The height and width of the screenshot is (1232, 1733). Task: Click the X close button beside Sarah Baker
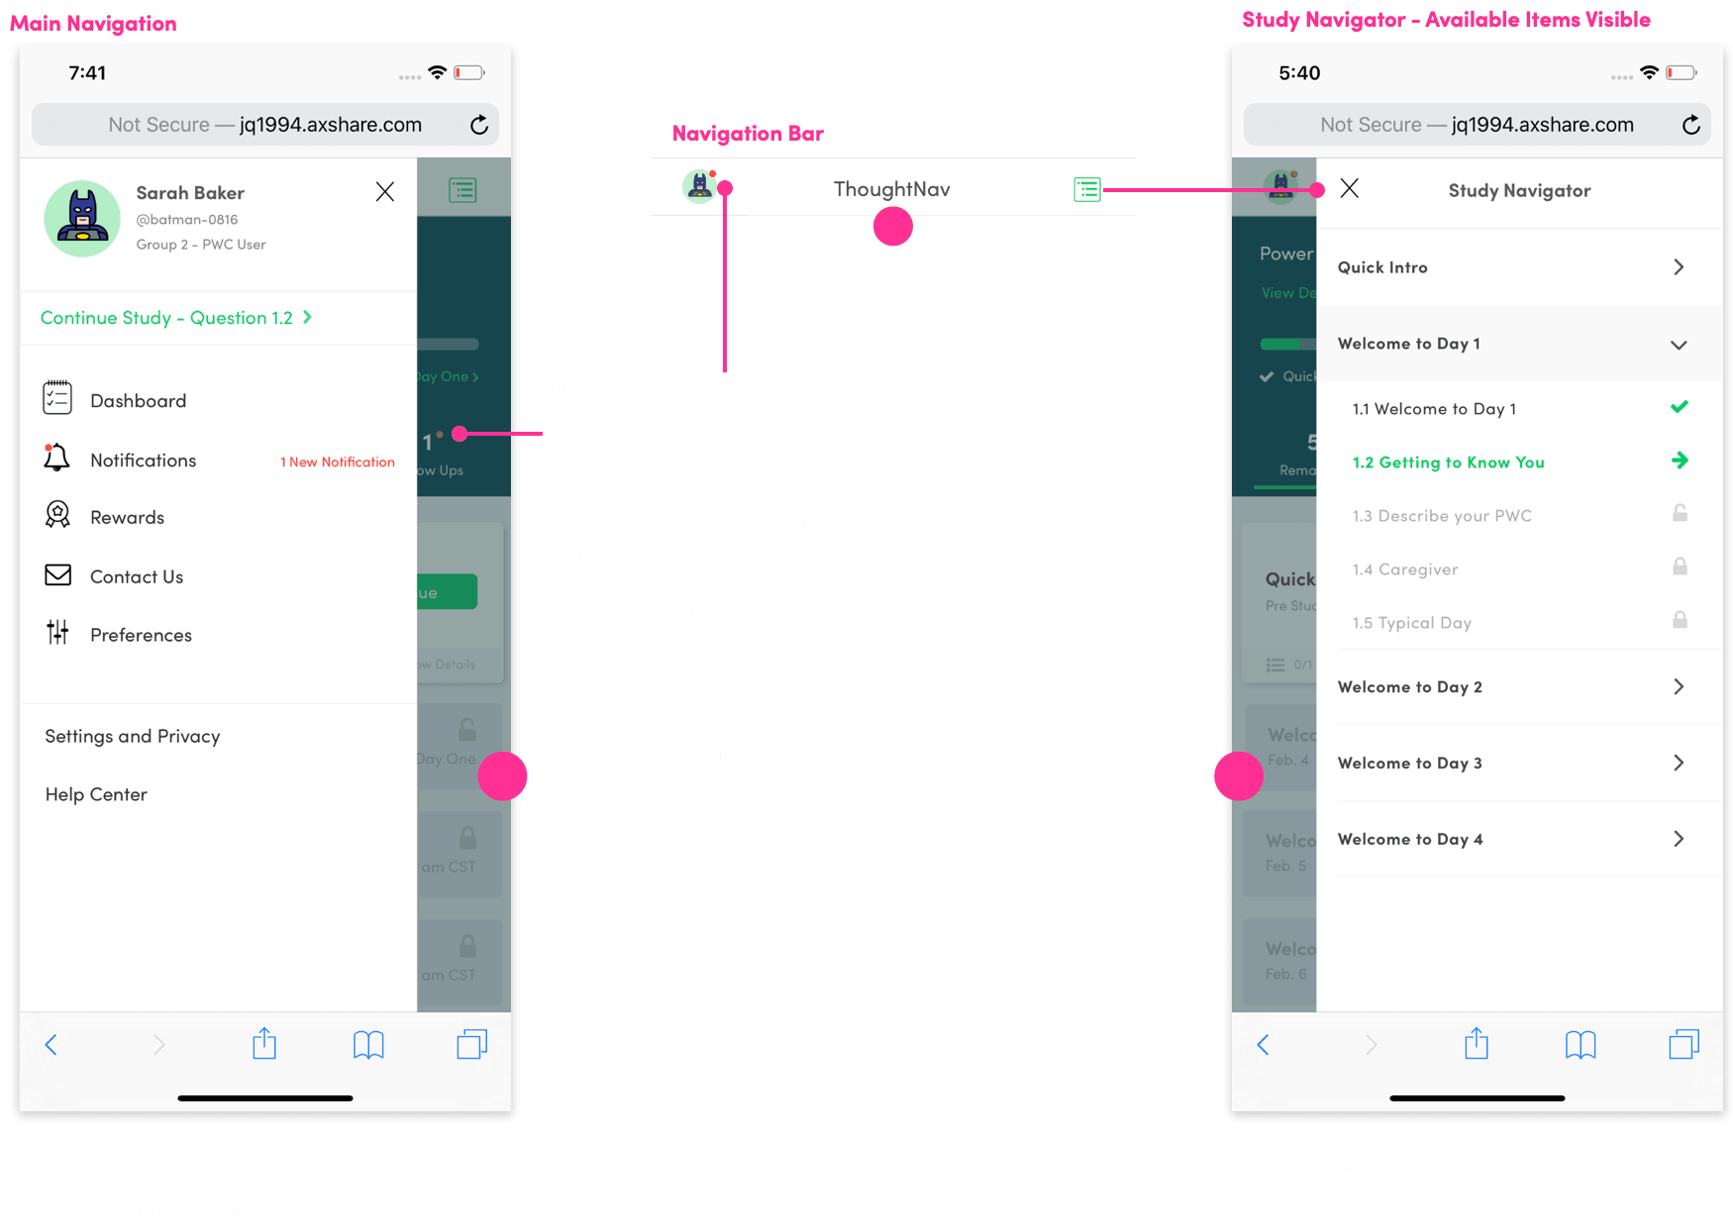click(x=385, y=192)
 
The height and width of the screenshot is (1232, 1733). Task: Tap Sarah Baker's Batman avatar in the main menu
click(x=82, y=219)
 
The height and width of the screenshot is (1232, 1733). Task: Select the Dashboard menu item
click(x=138, y=401)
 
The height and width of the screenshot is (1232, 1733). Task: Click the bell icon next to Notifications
click(x=57, y=458)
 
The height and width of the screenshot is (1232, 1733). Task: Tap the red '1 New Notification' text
click(x=338, y=462)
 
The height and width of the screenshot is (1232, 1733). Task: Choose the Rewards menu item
click(x=127, y=518)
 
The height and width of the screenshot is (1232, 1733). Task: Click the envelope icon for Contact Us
click(x=58, y=575)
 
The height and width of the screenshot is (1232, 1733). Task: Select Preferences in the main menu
click(x=141, y=635)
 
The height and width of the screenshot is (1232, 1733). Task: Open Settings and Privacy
click(x=133, y=737)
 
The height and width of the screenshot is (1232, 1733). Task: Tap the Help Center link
click(x=96, y=794)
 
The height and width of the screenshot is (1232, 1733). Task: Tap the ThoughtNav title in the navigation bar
click(x=891, y=189)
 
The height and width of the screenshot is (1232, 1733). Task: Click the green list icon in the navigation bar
click(x=1087, y=189)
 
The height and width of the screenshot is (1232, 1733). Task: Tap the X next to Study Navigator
click(x=1349, y=188)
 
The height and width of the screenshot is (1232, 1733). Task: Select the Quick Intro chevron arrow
click(x=1679, y=267)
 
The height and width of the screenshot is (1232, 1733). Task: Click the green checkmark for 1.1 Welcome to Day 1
click(x=1680, y=407)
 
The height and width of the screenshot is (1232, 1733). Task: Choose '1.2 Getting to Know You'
click(x=1448, y=462)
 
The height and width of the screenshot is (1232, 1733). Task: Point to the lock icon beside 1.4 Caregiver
click(x=1680, y=566)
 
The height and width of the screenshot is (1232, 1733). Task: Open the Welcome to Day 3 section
click(x=1410, y=763)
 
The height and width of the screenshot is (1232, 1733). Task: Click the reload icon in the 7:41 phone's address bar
click(x=479, y=125)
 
